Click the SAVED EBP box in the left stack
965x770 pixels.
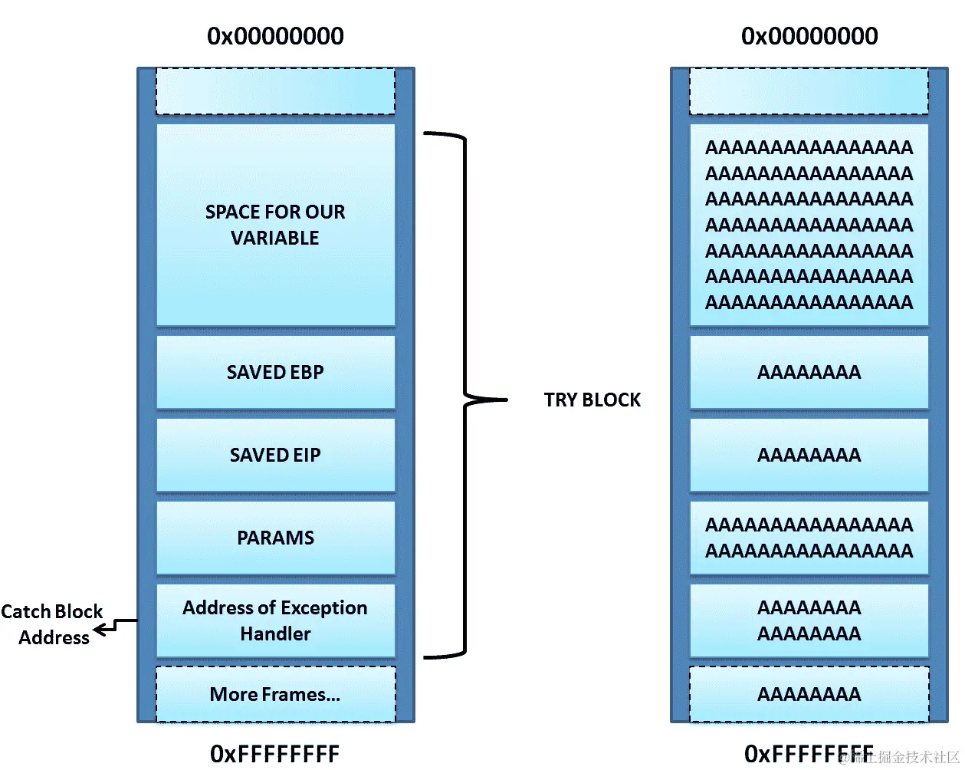pos(275,372)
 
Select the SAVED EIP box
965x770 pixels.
pos(275,455)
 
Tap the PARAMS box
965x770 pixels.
pos(275,538)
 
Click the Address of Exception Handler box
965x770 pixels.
pos(275,620)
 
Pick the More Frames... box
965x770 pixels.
pos(275,694)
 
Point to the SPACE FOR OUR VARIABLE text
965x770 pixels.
pos(275,225)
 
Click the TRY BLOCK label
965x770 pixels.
pos(592,400)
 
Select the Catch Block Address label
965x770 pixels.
pos(52,624)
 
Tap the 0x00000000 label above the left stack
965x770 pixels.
pos(275,36)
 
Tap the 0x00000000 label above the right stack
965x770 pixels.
pos(809,36)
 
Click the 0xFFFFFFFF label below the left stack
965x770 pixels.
pos(275,754)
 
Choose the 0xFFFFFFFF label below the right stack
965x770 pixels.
pos(809,754)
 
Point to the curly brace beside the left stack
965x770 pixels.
pos(465,396)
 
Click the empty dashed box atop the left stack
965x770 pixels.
pos(275,91)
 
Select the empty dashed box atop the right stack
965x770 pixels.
pos(809,91)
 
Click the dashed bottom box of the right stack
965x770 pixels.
pos(809,694)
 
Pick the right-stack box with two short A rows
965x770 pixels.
pos(809,620)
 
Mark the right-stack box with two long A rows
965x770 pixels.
pos(809,538)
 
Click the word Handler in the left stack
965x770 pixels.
pos(275,633)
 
